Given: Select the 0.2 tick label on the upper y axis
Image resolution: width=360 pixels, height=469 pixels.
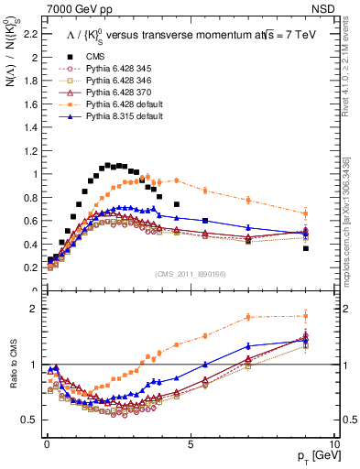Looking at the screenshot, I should click(x=29, y=267).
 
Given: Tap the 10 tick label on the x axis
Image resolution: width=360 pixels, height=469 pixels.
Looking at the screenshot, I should click(x=334, y=443).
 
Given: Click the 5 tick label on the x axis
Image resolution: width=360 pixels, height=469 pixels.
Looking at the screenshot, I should click(x=191, y=443).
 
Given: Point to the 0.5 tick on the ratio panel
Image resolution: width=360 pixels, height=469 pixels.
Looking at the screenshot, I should click(x=29, y=420).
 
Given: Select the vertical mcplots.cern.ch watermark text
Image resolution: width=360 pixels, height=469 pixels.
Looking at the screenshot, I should click(x=352, y=197).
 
